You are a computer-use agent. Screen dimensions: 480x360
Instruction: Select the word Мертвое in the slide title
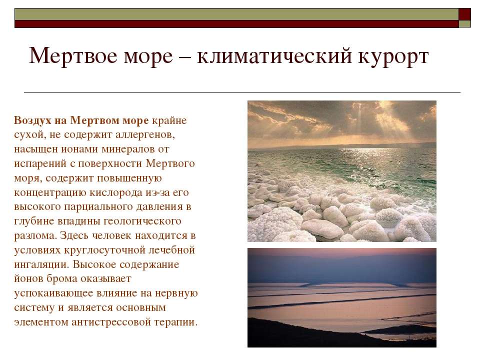click(73, 56)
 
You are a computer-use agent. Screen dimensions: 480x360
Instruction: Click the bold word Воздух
click(33, 120)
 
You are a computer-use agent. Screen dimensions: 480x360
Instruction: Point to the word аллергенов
click(145, 134)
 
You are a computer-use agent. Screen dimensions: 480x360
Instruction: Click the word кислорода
click(116, 193)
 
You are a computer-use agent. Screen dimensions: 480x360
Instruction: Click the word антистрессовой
click(111, 322)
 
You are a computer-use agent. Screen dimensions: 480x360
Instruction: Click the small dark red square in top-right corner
click(464, 14)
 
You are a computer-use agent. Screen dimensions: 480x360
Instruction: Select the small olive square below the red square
click(464, 24)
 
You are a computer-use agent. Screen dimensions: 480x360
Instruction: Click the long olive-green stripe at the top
click(236, 14)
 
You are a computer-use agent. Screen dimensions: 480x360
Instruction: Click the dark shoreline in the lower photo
click(306, 333)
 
